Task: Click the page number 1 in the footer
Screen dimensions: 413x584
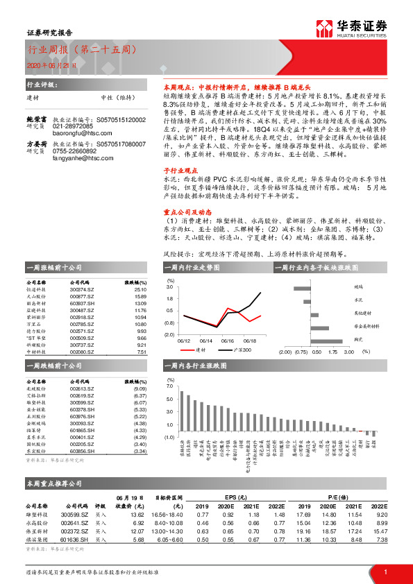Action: click(385, 571)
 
